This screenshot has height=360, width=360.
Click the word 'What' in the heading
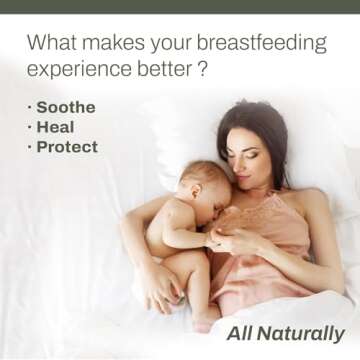(x=51, y=43)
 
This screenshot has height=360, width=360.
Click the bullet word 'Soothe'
(x=66, y=107)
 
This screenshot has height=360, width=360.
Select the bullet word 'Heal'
(x=55, y=127)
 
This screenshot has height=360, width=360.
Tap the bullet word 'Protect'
(x=67, y=147)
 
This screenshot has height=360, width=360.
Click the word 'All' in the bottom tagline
(x=241, y=334)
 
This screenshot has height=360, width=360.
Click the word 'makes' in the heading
(x=113, y=43)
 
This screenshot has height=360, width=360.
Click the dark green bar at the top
(x=180, y=6)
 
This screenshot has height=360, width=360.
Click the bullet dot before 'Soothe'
(x=29, y=107)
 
